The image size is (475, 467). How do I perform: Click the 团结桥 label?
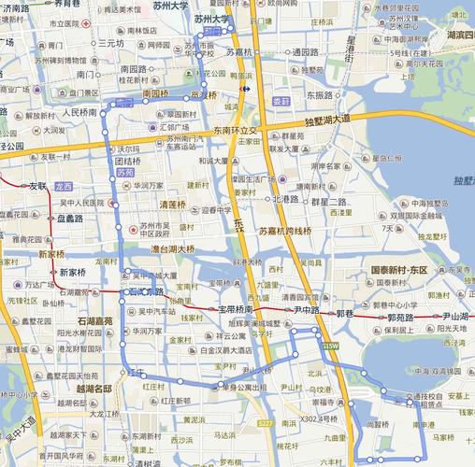[x=127, y=161]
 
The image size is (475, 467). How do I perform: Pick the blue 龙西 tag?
[x=63, y=186]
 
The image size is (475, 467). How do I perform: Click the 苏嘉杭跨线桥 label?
[x=285, y=230]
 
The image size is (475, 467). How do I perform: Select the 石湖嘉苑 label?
[x=94, y=321]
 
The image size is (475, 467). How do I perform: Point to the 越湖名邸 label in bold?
[x=94, y=388]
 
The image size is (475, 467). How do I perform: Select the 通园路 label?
[x=305, y=52]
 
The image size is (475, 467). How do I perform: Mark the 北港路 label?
[x=285, y=199]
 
